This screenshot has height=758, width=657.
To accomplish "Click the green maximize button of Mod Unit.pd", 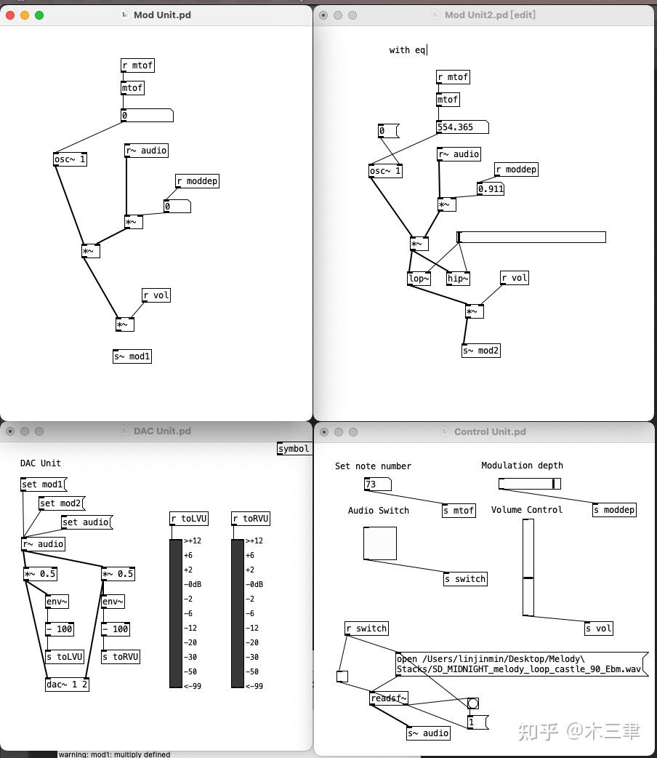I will click(x=39, y=15).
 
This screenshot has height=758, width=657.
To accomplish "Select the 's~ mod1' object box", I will click(x=132, y=356).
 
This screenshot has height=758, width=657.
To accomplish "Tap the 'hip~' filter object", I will click(x=458, y=279).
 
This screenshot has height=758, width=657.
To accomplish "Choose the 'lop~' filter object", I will click(x=419, y=279).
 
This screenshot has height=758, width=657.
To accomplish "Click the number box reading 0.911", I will click(x=491, y=189).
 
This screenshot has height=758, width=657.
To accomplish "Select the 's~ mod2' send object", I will click(x=481, y=351).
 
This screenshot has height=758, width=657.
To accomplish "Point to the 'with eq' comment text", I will click(x=408, y=50).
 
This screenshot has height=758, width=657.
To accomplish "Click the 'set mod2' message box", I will click(x=61, y=503).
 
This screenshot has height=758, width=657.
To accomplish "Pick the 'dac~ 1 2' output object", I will click(x=67, y=685).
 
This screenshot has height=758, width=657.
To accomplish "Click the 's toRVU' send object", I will click(x=120, y=657).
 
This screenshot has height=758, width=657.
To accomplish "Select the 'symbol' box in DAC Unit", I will click(x=294, y=449).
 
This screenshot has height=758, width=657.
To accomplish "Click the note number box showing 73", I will click(x=377, y=484).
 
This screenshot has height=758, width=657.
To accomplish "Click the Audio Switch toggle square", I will click(x=380, y=543).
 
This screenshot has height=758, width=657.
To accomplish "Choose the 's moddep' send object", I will click(x=614, y=510).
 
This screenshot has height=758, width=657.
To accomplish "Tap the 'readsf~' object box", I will click(x=389, y=698).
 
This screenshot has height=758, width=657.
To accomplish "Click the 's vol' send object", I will click(x=599, y=629).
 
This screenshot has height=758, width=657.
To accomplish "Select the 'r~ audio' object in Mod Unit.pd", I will click(x=146, y=151).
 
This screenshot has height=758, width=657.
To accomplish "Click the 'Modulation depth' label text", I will click(x=522, y=466).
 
